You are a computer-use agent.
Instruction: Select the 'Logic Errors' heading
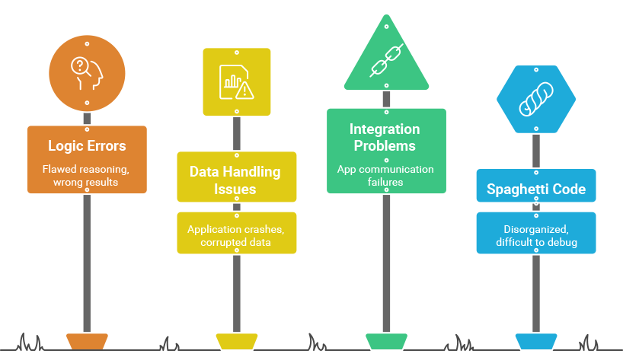click(87, 145)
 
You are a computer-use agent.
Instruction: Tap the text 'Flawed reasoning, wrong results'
click(87, 176)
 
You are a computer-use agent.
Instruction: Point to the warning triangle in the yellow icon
click(244, 91)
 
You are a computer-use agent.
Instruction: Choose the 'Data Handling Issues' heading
click(235, 180)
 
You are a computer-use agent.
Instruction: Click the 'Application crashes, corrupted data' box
click(236, 234)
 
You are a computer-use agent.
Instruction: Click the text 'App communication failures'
click(385, 176)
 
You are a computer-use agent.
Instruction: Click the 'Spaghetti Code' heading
click(535, 189)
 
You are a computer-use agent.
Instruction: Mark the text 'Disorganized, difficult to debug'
click(535, 236)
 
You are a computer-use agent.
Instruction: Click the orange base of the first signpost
click(87, 341)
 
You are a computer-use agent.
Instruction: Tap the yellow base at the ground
click(236, 341)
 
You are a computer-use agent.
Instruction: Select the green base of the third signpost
click(386, 341)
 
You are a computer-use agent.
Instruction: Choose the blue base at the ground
click(535, 341)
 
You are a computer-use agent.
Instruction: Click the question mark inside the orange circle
click(78, 66)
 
